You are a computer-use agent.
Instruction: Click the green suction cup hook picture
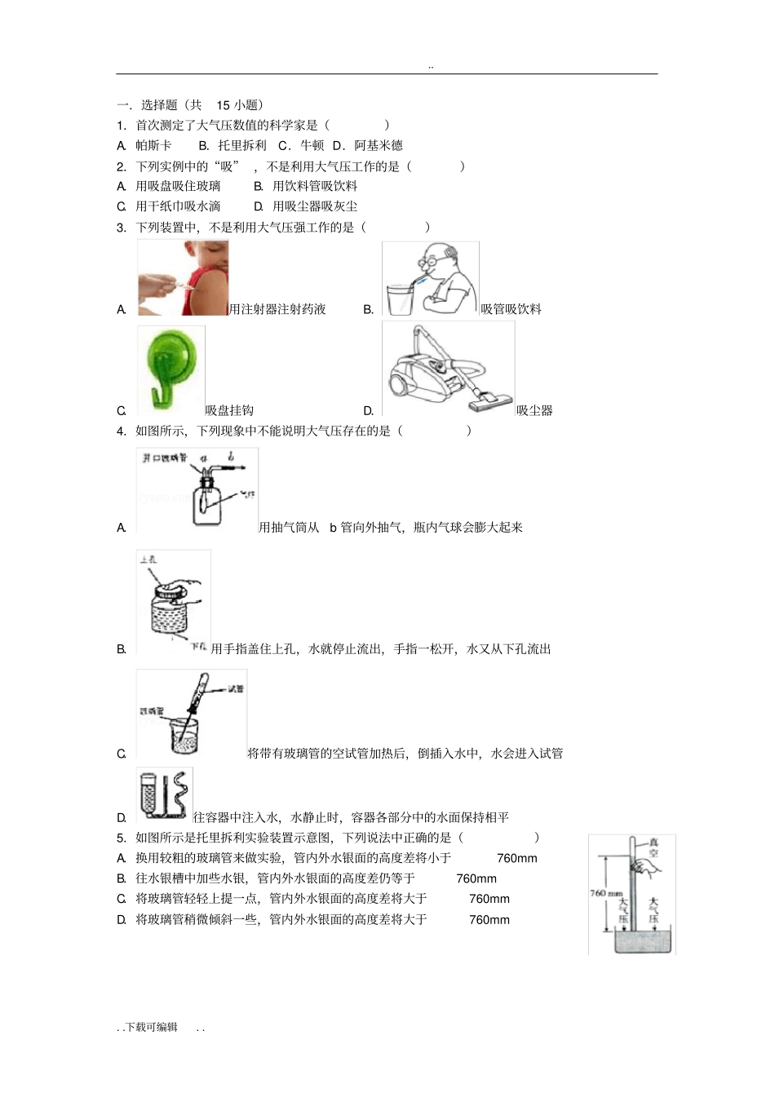[x=170, y=369]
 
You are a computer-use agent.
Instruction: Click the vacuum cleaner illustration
[x=448, y=369]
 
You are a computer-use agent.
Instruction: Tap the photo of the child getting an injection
[x=183, y=278]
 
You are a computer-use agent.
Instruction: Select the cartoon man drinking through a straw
[x=430, y=279]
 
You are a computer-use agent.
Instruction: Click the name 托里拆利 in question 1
[x=242, y=145]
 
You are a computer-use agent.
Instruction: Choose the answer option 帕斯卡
[x=153, y=145]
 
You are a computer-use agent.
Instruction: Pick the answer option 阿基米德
[x=379, y=145]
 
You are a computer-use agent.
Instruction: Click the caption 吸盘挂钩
[x=229, y=410]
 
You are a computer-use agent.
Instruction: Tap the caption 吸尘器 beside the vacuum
[x=534, y=410]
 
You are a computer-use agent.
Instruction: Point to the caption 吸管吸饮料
[x=511, y=309]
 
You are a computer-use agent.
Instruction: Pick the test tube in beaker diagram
[x=192, y=715]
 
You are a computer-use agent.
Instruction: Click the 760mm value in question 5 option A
[x=517, y=858]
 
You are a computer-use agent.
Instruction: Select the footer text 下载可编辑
[x=151, y=1027]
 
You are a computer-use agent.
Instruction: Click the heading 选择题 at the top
[x=159, y=104]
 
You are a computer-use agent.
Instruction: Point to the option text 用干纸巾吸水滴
[x=178, y=206]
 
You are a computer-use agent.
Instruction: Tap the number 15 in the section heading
[x=224, y=104]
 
